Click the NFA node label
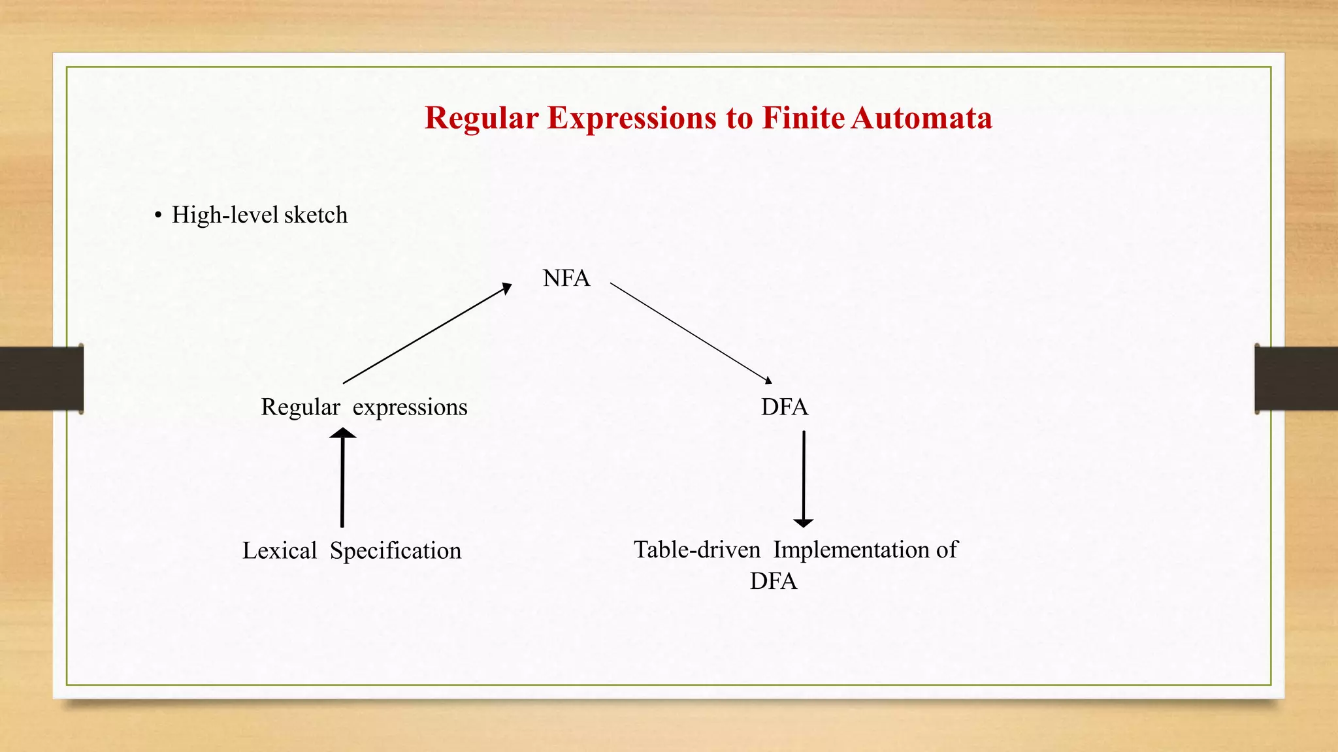(x=566, y=278)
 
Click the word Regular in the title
(x=481, y=118)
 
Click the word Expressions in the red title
(x=631, y=118)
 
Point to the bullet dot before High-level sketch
(x=158, y=215)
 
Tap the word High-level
(x=225, y=215)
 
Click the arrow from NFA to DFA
(x=691, y=333)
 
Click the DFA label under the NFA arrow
(x=784, y=407)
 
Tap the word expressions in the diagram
(x=410, y=407)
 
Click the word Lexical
(x=279, y=551)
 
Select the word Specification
(x=395, y=551)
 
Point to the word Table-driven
(x=696, y=550)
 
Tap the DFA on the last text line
(x=773, y=581)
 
